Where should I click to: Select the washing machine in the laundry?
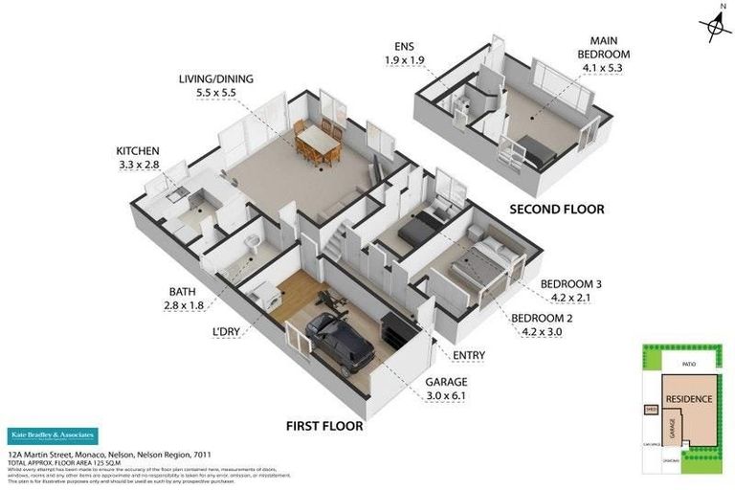pyautogui.click(x=269, y=296)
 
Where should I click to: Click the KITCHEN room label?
pyautogui.click(x=138, y=151)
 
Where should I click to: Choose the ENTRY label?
pyautogui.click(x=469, y=356)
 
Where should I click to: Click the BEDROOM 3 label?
pyautogui.click(x=570, y=284)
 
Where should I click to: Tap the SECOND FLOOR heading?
pyautogui.click(x=556, y=209)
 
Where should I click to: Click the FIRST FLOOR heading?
pyautogui.click(x=325, y=426)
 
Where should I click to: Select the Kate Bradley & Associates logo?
pyautogui.click(x=53, y=436)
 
